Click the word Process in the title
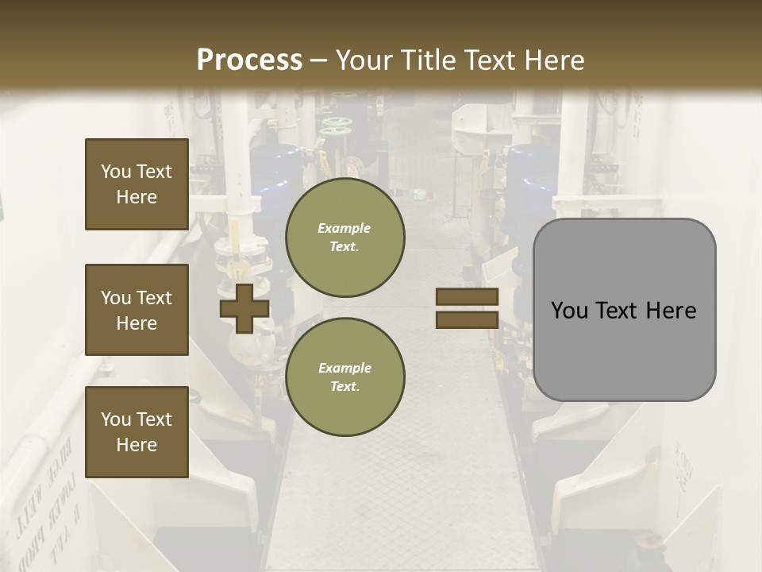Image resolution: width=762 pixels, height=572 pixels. pos(249,60)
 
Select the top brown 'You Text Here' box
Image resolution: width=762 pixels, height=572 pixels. pos(137,184)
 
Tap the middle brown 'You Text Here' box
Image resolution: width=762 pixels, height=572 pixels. pos(137,310)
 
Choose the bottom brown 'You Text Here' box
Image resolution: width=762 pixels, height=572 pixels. pos(137,432)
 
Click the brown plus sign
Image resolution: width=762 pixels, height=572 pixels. pos(244,308)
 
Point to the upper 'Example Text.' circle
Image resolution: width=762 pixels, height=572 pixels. pos(344,237)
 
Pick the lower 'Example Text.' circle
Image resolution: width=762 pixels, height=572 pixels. pos(344,377)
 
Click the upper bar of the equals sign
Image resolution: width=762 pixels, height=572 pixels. pos(467,297)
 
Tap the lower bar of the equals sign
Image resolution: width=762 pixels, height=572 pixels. pos(467,319)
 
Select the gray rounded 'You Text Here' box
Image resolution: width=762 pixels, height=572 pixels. pos(624,310)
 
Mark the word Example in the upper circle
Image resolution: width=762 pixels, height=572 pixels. pos(344,228)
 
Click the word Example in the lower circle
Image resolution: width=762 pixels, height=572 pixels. pos(344,368)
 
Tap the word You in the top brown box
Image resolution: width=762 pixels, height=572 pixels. pos(115,172)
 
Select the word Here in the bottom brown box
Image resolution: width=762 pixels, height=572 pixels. pos(137,445)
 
